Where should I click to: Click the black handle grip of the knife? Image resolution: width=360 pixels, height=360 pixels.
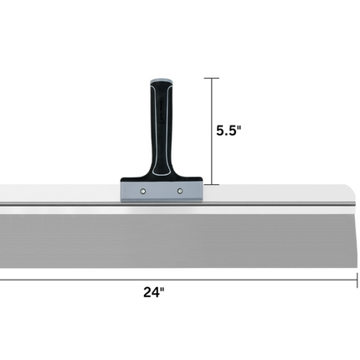pos(162,126)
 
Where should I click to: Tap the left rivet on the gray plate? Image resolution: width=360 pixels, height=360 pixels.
pos(144,192)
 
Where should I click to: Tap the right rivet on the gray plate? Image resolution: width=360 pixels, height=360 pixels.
pos(180,192)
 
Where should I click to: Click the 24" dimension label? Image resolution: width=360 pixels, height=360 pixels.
pos(154,293)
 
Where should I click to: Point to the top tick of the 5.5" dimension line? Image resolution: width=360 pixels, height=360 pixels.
pos(212,79)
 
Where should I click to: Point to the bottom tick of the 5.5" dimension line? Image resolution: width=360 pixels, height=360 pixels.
pos(212,184)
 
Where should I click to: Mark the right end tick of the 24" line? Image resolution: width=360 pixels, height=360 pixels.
pos(357,279)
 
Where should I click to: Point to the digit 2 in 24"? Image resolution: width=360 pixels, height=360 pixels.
pos(147,293)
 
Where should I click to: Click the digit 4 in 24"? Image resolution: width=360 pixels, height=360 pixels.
pos(156,293)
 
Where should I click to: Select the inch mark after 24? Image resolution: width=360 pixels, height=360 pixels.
pos(163,290)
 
